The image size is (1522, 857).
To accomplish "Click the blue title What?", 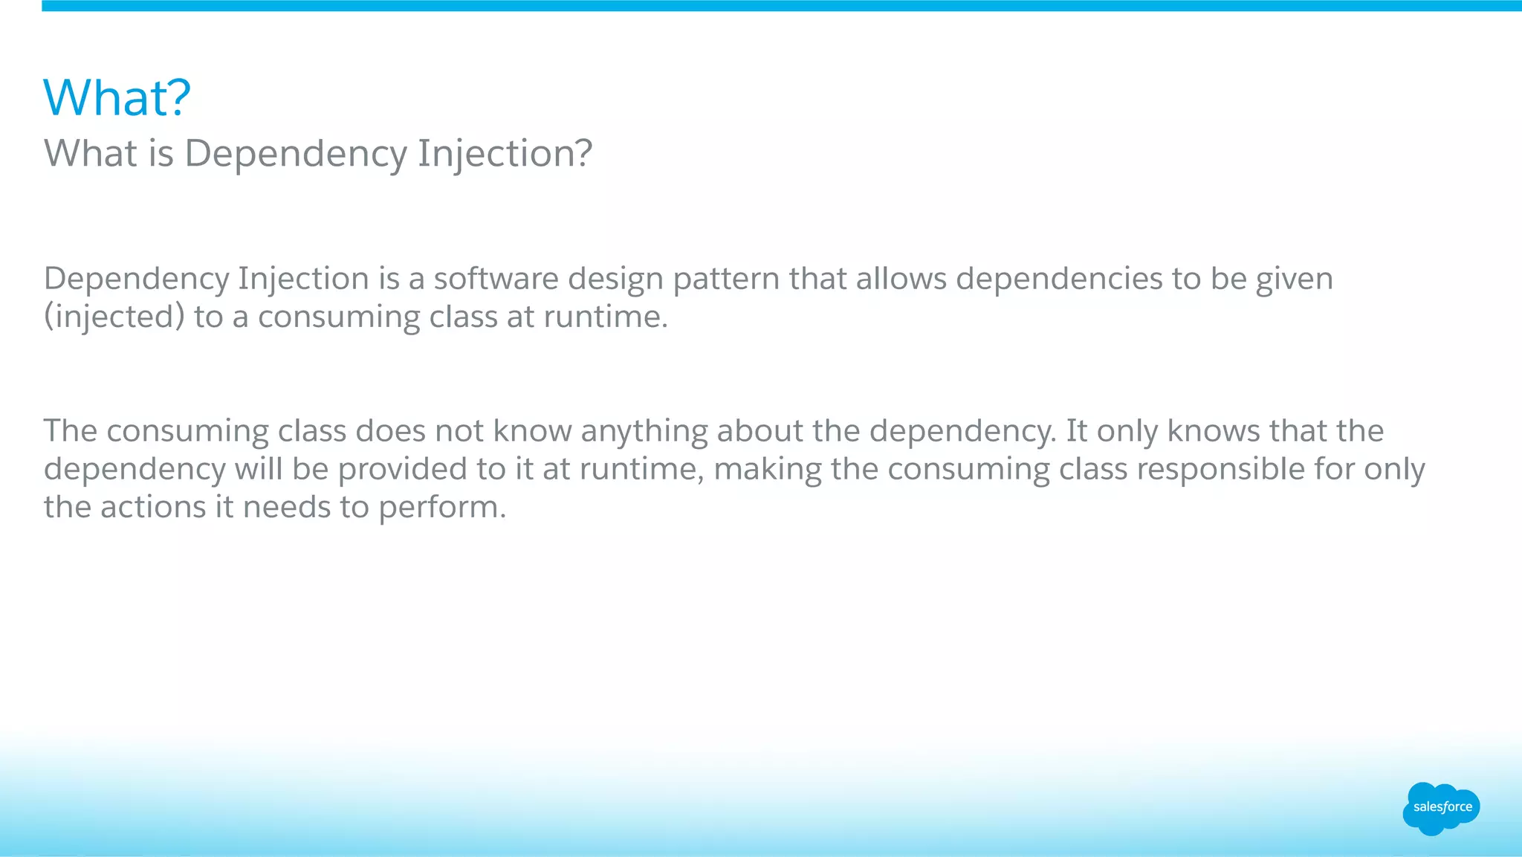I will pyautogui.click(x=117, y=98).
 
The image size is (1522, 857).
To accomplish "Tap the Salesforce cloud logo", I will pyautogui.click(x=1441, y=808).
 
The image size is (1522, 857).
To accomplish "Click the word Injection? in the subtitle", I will pyautogui.click(x=505, y=154).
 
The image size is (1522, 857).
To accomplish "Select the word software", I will pyautogui.click(x=496, y=279).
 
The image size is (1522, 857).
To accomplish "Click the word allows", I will pyautogui.click(x=901, y=279).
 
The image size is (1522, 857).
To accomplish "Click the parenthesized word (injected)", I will pyautogui.click(x=114, y=317).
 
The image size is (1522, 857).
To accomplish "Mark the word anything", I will pyautogui.click(x=644, y=432).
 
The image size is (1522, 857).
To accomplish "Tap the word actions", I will pyautogui.click(x=152, y=508).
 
